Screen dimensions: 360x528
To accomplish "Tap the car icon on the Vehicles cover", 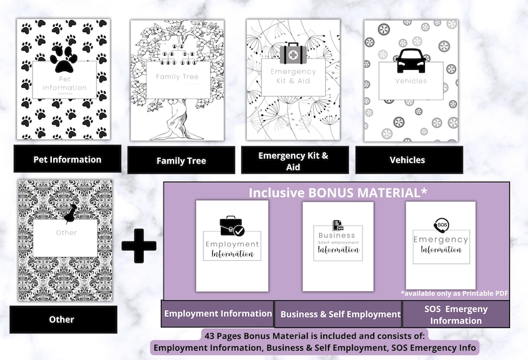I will pos(410,60).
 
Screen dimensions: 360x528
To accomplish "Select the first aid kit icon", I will pos(293,54).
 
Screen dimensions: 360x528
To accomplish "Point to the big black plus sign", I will pos(139,245).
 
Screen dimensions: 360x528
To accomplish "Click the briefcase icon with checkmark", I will pos(231,227).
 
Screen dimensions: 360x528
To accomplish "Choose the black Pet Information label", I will pos(68,159).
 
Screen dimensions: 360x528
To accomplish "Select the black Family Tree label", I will pos(181,160).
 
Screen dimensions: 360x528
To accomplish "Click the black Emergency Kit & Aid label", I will pos(293,162).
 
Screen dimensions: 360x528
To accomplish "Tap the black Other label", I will pos(61,319).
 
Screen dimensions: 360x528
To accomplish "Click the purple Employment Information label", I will pos(218,313).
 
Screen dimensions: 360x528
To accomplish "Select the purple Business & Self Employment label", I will pos(340,314).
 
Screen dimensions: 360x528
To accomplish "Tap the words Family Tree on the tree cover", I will pos(177,77).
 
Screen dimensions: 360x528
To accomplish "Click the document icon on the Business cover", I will pos(338,226).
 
